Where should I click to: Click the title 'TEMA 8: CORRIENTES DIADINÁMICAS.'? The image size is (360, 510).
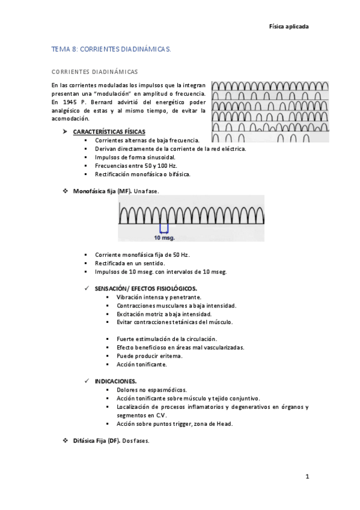tap(111, 51)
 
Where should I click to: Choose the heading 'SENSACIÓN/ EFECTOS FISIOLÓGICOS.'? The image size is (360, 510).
tap(145, 289)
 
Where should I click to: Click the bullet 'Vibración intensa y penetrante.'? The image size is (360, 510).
tap(159, 297)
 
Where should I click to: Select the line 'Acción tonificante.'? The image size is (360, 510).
tap(141, 364)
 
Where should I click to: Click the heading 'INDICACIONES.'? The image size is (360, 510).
tap(115, 381)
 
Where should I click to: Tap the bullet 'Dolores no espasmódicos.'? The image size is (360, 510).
tap(151, 390)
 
